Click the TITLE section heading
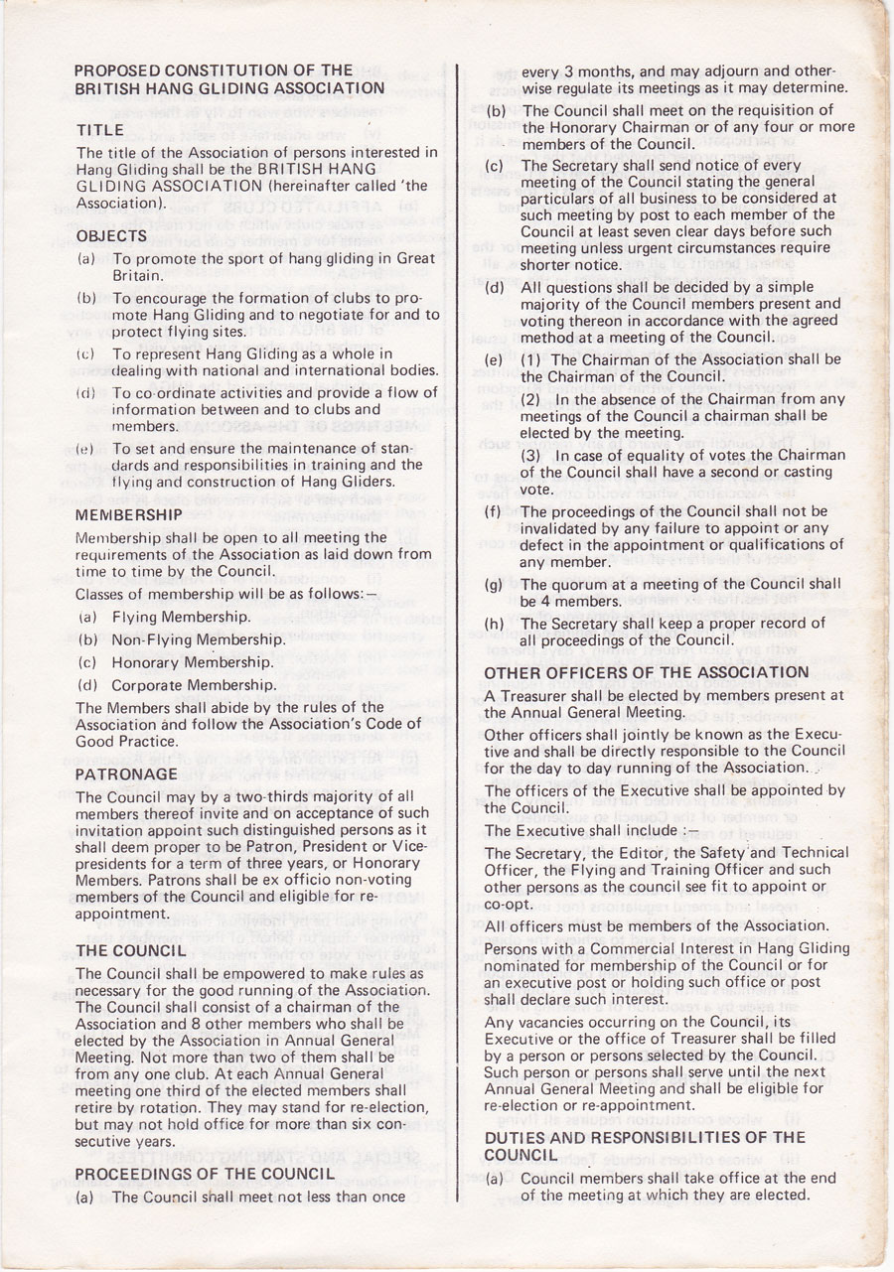pyautogui.click(x=100, y=130)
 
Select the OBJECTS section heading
pyautogui.click(x=111, y=236)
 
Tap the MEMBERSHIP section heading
pyautogui.click(x=129, y=514)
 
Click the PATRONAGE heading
pyautogui.click(x=126, y=774)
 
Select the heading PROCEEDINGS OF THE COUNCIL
pyautogui.click(x=204, y=1174)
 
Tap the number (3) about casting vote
pyautogui.click(x=531, y=455)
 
